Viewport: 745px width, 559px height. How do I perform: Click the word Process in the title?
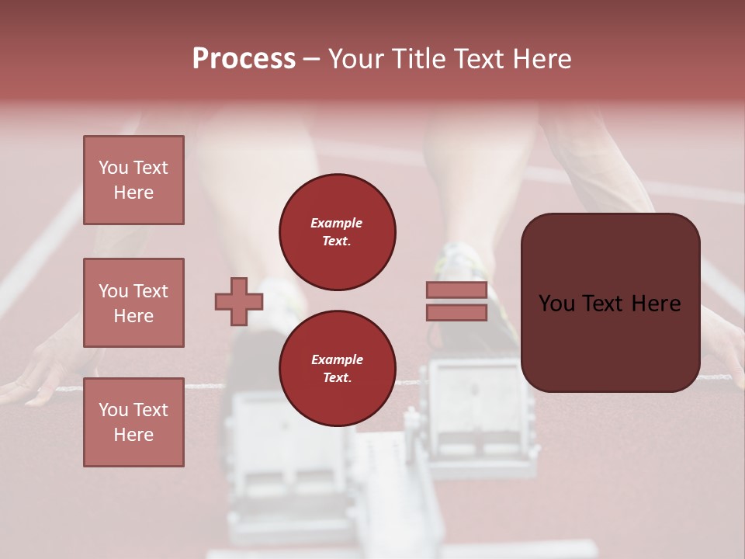coord(244,59)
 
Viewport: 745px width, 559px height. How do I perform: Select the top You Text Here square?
coord(133,180)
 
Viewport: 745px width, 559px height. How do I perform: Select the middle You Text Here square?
coord(133,303)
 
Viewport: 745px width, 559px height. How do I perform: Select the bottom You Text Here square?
coord(133,422)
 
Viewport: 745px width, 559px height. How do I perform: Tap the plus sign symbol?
coord(239,301)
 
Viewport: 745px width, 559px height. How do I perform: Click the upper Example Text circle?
coord(338,232)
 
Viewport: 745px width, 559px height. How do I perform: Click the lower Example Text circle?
coord(338,369)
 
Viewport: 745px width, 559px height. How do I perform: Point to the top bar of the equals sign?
coord(456,290)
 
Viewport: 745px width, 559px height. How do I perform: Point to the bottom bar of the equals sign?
coord(456,312)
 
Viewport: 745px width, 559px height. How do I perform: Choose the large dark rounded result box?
coord(610,303)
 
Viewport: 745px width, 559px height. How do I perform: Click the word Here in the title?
coord(541,59)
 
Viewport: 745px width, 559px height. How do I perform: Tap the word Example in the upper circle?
coord(336,223)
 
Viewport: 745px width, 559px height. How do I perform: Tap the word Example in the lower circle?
coord(337,359)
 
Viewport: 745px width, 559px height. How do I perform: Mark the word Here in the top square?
coord(133,193)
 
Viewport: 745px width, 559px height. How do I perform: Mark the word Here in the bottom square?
coord(133,435)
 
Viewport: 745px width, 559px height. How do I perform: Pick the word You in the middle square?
coord(112,291)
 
